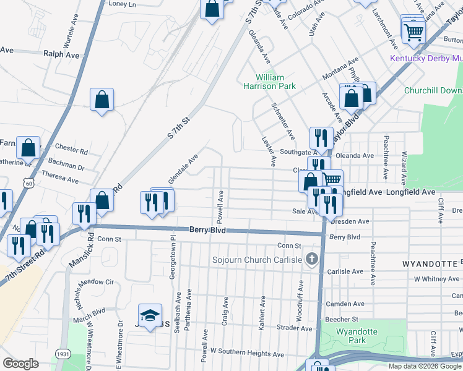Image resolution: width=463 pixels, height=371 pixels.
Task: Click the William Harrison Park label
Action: pyautogui.click(x=275, y=82)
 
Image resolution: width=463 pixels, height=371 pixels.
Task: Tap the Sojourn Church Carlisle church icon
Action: pyautogui.click(x=313, y=259)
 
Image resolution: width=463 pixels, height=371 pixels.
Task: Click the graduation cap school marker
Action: pyautogui.click(x=149, y=316)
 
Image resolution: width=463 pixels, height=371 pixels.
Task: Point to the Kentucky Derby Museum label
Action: pyautogui.click(x=426, y=59)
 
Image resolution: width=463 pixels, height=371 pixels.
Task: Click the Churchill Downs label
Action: pyautogui.click(x=433, y=90)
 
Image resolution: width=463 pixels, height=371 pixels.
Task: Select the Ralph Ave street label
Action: pyautogui.click(x=61, y=54)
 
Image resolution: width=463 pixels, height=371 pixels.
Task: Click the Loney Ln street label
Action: pyautogui.click(x=122, y=4)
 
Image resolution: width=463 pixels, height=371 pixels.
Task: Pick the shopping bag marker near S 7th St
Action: pyautogui.click(x=102, y=100)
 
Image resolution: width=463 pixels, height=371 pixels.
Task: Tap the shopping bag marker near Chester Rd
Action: pyautogui.click(x=28, y=148)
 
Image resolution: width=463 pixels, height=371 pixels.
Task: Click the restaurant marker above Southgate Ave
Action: pyautogui.click(x=321, y=137)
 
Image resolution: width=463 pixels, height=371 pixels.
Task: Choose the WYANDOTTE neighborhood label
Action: pyautogui.click(x=430, y=263)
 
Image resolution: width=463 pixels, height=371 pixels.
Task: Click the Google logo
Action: pyautogui.click(x=20, y=364)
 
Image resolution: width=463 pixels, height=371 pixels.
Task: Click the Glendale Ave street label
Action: pyautogui.click(x=183, y=166)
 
